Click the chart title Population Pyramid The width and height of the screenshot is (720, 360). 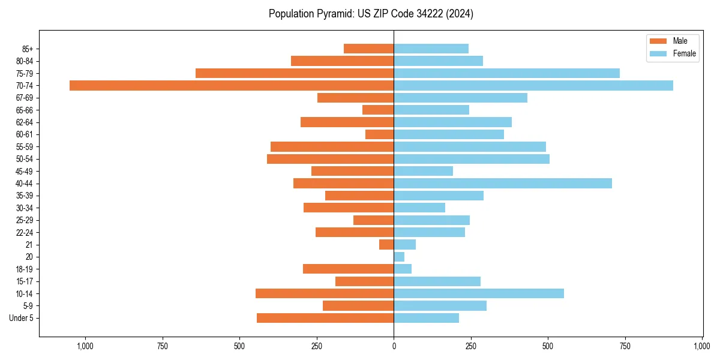point(371,14)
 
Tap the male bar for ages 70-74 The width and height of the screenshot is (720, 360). point(232,86)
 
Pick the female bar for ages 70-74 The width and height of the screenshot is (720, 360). point(533,86)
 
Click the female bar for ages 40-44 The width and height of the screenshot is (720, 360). point(503,184)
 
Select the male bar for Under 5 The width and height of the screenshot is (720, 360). point(325,318)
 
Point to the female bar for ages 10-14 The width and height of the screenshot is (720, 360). point(479,293)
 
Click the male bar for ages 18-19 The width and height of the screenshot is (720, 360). point(348,269)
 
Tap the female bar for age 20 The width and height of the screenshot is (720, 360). point(399,257)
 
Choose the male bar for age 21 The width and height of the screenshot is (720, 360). point(386,245)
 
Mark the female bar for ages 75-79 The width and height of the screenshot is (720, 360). point(506,73)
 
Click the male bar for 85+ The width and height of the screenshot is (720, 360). point(368,49)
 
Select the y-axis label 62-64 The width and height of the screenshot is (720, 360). point(24,122)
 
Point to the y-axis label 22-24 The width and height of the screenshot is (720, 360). point(24,233)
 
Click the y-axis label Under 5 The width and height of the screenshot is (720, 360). point(21,318)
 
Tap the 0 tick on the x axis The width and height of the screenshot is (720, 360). point(394,346)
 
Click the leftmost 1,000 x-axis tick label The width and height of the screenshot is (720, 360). point(85,346)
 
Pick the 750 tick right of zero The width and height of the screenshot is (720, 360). point(625,346)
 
